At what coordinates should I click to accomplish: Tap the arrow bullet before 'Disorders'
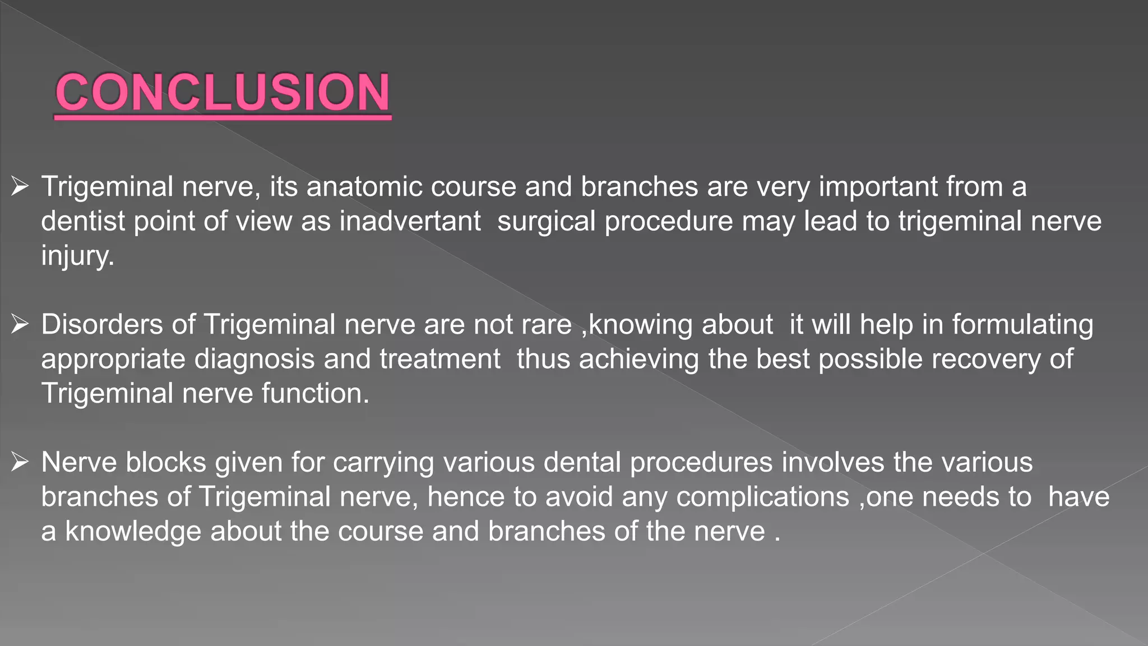(20, 324)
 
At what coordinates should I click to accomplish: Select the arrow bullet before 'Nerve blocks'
(20, 462)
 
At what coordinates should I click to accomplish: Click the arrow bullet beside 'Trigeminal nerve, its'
(20, 186)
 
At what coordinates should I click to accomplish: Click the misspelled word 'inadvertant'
(410, 221)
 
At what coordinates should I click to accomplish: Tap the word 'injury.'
(77, 256)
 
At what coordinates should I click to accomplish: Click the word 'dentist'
(83, 221)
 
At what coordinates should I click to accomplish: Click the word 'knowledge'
(133, 532)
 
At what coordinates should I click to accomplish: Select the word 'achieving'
(639, 359)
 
